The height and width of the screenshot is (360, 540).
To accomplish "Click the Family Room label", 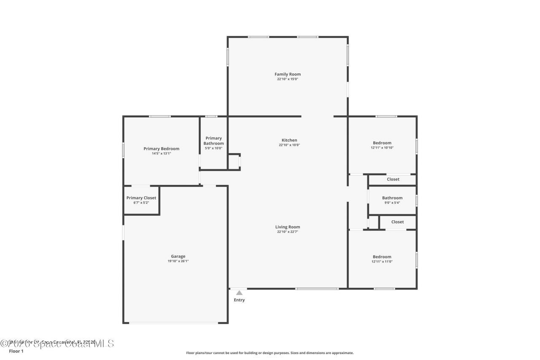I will [288, 74].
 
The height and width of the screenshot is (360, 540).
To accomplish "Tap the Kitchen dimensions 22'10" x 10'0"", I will [289, 145].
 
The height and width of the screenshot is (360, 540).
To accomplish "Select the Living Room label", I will [288, 227].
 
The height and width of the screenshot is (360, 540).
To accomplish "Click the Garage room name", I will [178, 256].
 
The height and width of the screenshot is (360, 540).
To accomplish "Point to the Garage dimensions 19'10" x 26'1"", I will [178, 261].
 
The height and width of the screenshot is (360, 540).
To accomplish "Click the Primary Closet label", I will [141, 198].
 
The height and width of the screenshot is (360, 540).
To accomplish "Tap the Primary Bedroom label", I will [161, 149].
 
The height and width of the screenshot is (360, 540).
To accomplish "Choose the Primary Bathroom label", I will [213, 141].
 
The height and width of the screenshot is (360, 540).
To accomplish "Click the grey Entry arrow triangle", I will [239, 292].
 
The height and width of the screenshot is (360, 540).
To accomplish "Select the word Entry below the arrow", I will [239, 300].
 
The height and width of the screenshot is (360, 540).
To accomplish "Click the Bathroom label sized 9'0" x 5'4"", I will [392, 198].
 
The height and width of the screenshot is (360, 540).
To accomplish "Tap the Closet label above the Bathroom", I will [393, 179].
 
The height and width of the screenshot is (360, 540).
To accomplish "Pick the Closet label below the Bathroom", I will [397, 222].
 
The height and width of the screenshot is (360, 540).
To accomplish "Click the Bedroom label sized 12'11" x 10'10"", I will [382, 143].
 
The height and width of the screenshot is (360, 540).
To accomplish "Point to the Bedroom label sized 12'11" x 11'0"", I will [382, 257].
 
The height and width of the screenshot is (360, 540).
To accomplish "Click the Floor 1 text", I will [16, 351].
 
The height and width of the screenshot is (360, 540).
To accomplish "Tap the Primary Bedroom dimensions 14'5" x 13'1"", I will [161, 154].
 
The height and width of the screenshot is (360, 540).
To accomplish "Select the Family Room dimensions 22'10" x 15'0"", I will [288, 79].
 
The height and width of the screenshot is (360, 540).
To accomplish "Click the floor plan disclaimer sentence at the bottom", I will [270, 353].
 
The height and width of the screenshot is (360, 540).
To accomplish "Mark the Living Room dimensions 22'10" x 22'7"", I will [288, 232].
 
